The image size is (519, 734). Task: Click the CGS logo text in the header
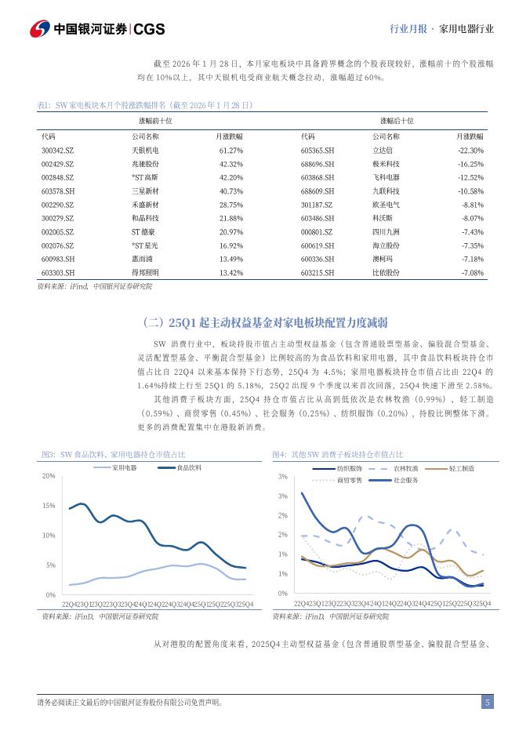click(x=149, y=29)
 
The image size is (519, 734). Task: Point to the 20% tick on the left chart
click(x=49, y=476)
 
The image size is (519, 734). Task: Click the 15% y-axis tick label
click(x=49, y=506)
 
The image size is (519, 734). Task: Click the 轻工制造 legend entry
click(x=461, y=468)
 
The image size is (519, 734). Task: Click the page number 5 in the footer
click(x=487, y=703)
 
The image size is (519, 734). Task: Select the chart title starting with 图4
click(x=338, y=455)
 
